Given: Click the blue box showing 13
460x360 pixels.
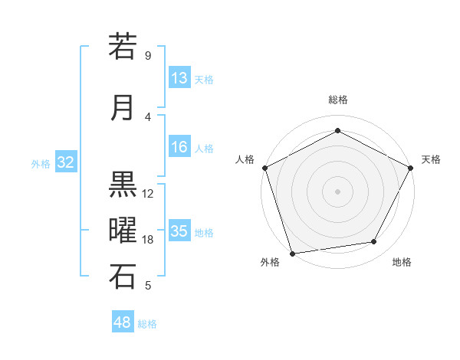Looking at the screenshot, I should (179, 79).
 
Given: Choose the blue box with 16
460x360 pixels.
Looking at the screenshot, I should (179, 148).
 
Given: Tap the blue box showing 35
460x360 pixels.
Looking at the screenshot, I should (179, 232).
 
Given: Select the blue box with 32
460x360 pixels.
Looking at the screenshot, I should (65, 162).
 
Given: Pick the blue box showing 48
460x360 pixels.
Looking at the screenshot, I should (123, 322).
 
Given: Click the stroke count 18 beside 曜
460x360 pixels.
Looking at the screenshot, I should (148, 240).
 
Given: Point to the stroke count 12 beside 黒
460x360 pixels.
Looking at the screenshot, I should (148, 194).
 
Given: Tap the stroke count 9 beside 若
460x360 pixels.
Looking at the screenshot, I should (148, 56).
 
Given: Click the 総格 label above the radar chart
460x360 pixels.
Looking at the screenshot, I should (337, 100).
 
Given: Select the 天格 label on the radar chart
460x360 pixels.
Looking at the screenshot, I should (431, 159).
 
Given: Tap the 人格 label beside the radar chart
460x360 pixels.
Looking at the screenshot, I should (245, 159).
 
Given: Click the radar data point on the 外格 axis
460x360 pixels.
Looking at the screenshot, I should (291, 253).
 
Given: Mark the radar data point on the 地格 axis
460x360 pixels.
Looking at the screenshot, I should (374, 242).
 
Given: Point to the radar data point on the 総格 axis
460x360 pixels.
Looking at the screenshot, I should (337, 130).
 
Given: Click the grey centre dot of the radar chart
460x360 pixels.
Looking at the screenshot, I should (337, 191).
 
